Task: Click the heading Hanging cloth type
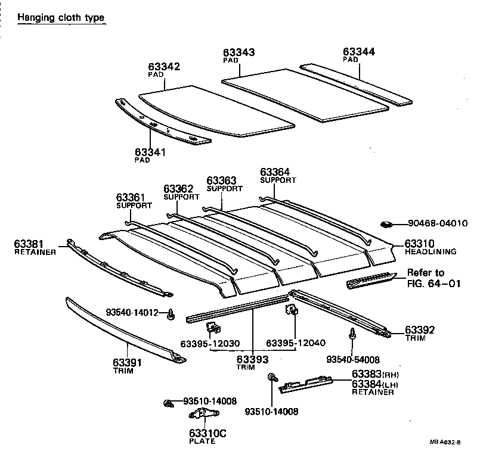tap(61, 17)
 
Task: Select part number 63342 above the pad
tap(164, 67)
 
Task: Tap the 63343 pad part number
tap(239, 52)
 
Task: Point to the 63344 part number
tap(360, 52)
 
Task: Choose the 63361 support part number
tap(131, 197)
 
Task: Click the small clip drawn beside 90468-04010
tap(386, 225)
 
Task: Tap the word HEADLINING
tap(430, 252)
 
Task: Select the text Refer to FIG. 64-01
tap(434, 278)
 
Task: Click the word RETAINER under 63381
tap(35, 252)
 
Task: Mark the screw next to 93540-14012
tap(171, 313)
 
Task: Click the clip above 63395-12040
tap(293, 310)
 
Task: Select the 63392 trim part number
tap(420, 329)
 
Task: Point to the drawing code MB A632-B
tap(445, 442)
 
